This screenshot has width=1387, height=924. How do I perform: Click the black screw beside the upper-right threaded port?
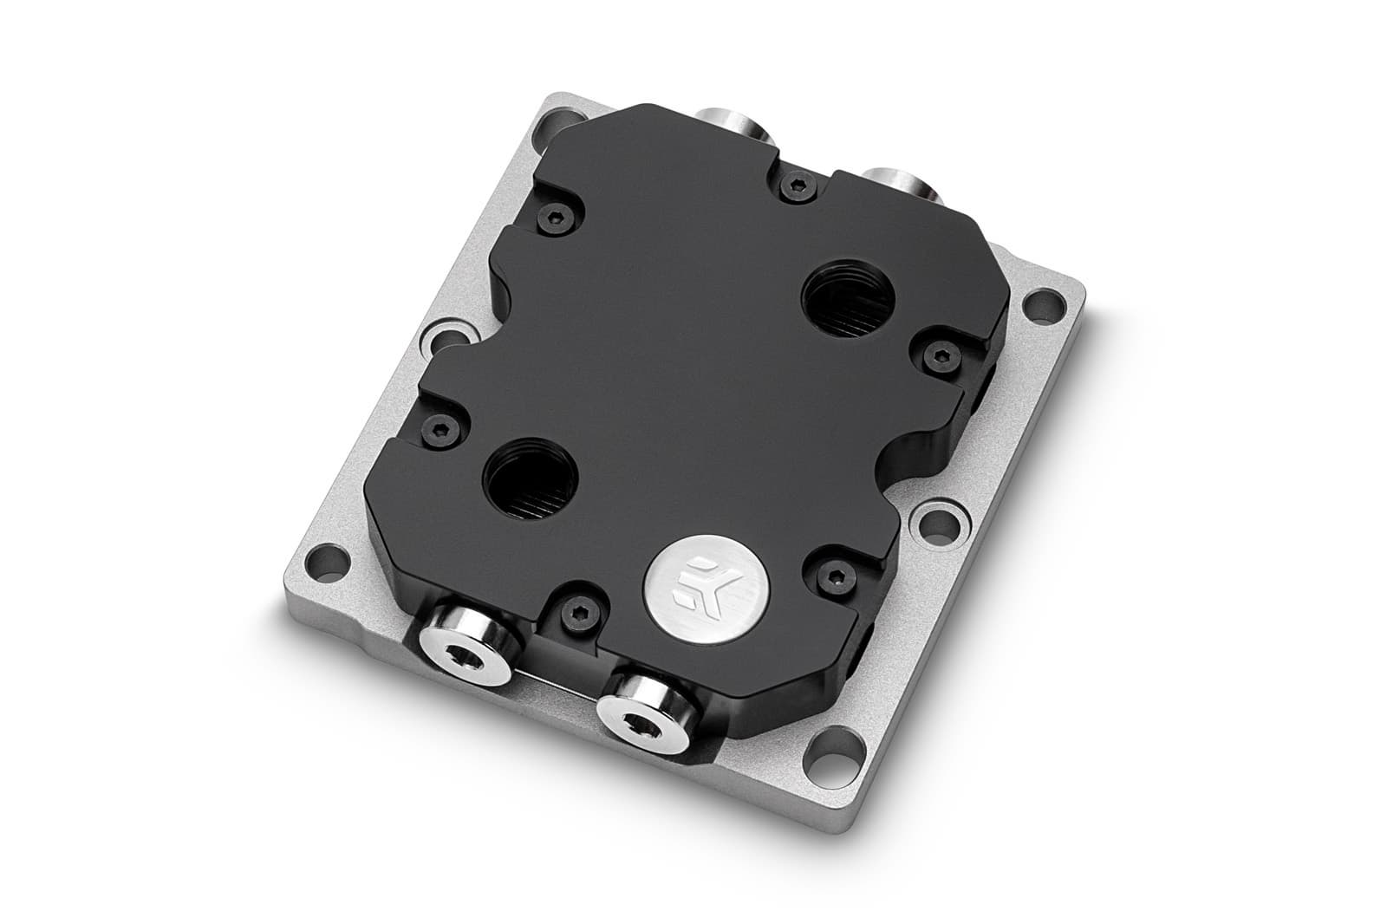coord(935,353)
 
